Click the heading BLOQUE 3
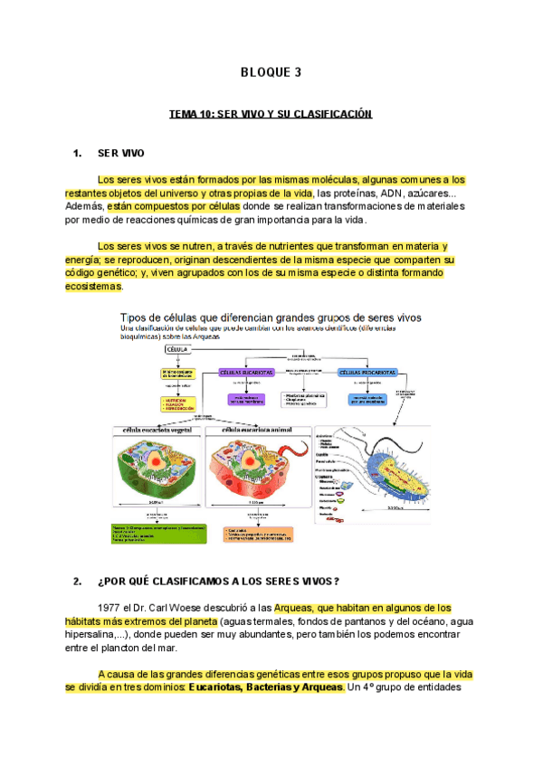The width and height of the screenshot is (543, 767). tap(271, 73)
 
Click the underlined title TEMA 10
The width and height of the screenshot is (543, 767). tap(271, 116)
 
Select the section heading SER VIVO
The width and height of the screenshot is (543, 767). tap(120, 154)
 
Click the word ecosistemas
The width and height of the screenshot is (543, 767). tap(92, 287)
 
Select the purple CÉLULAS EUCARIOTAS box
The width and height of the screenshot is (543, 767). tap(247, 372)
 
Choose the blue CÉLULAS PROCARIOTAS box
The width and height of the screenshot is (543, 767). tap(369, 372)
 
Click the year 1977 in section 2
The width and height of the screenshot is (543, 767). tap(108, 608)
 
